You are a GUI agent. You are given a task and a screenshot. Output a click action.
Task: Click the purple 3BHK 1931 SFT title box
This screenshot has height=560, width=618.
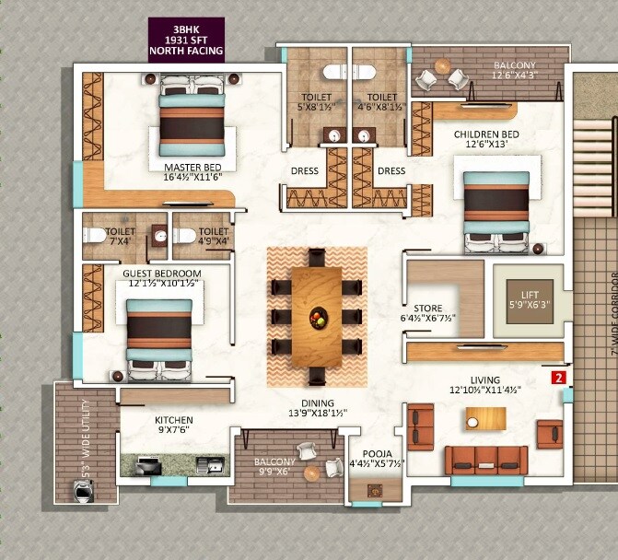[x=187, y=40]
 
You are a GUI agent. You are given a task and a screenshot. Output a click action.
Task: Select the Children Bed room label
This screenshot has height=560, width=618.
[x=485, y=140]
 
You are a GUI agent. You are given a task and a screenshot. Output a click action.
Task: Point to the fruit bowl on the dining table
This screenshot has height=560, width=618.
[x=316, y=318]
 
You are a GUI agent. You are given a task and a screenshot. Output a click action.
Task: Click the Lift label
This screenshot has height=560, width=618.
[x=529, y=295]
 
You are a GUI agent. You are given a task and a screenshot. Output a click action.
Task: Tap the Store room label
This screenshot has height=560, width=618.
[x=427, y=314]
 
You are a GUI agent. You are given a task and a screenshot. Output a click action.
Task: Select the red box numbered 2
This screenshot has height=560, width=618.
[x=557, y=377]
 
